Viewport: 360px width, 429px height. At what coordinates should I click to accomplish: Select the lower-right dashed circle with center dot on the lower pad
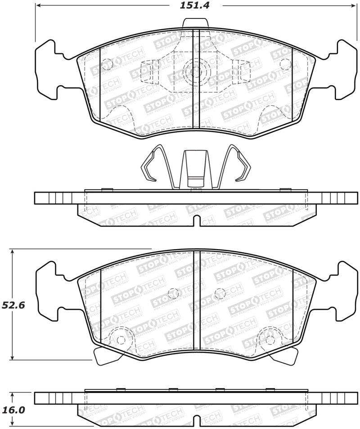(x=269, y=340)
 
